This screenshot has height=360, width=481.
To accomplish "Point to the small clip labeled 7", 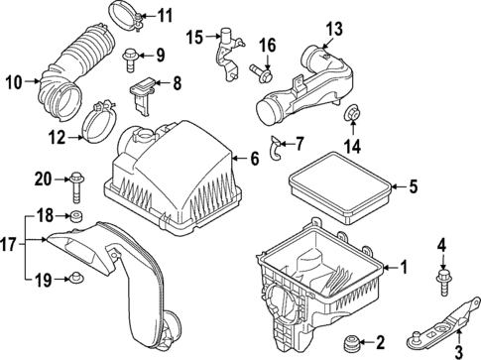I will [x=279, y=147].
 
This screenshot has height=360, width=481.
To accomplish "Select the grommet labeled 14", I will [x=352, y=121].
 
